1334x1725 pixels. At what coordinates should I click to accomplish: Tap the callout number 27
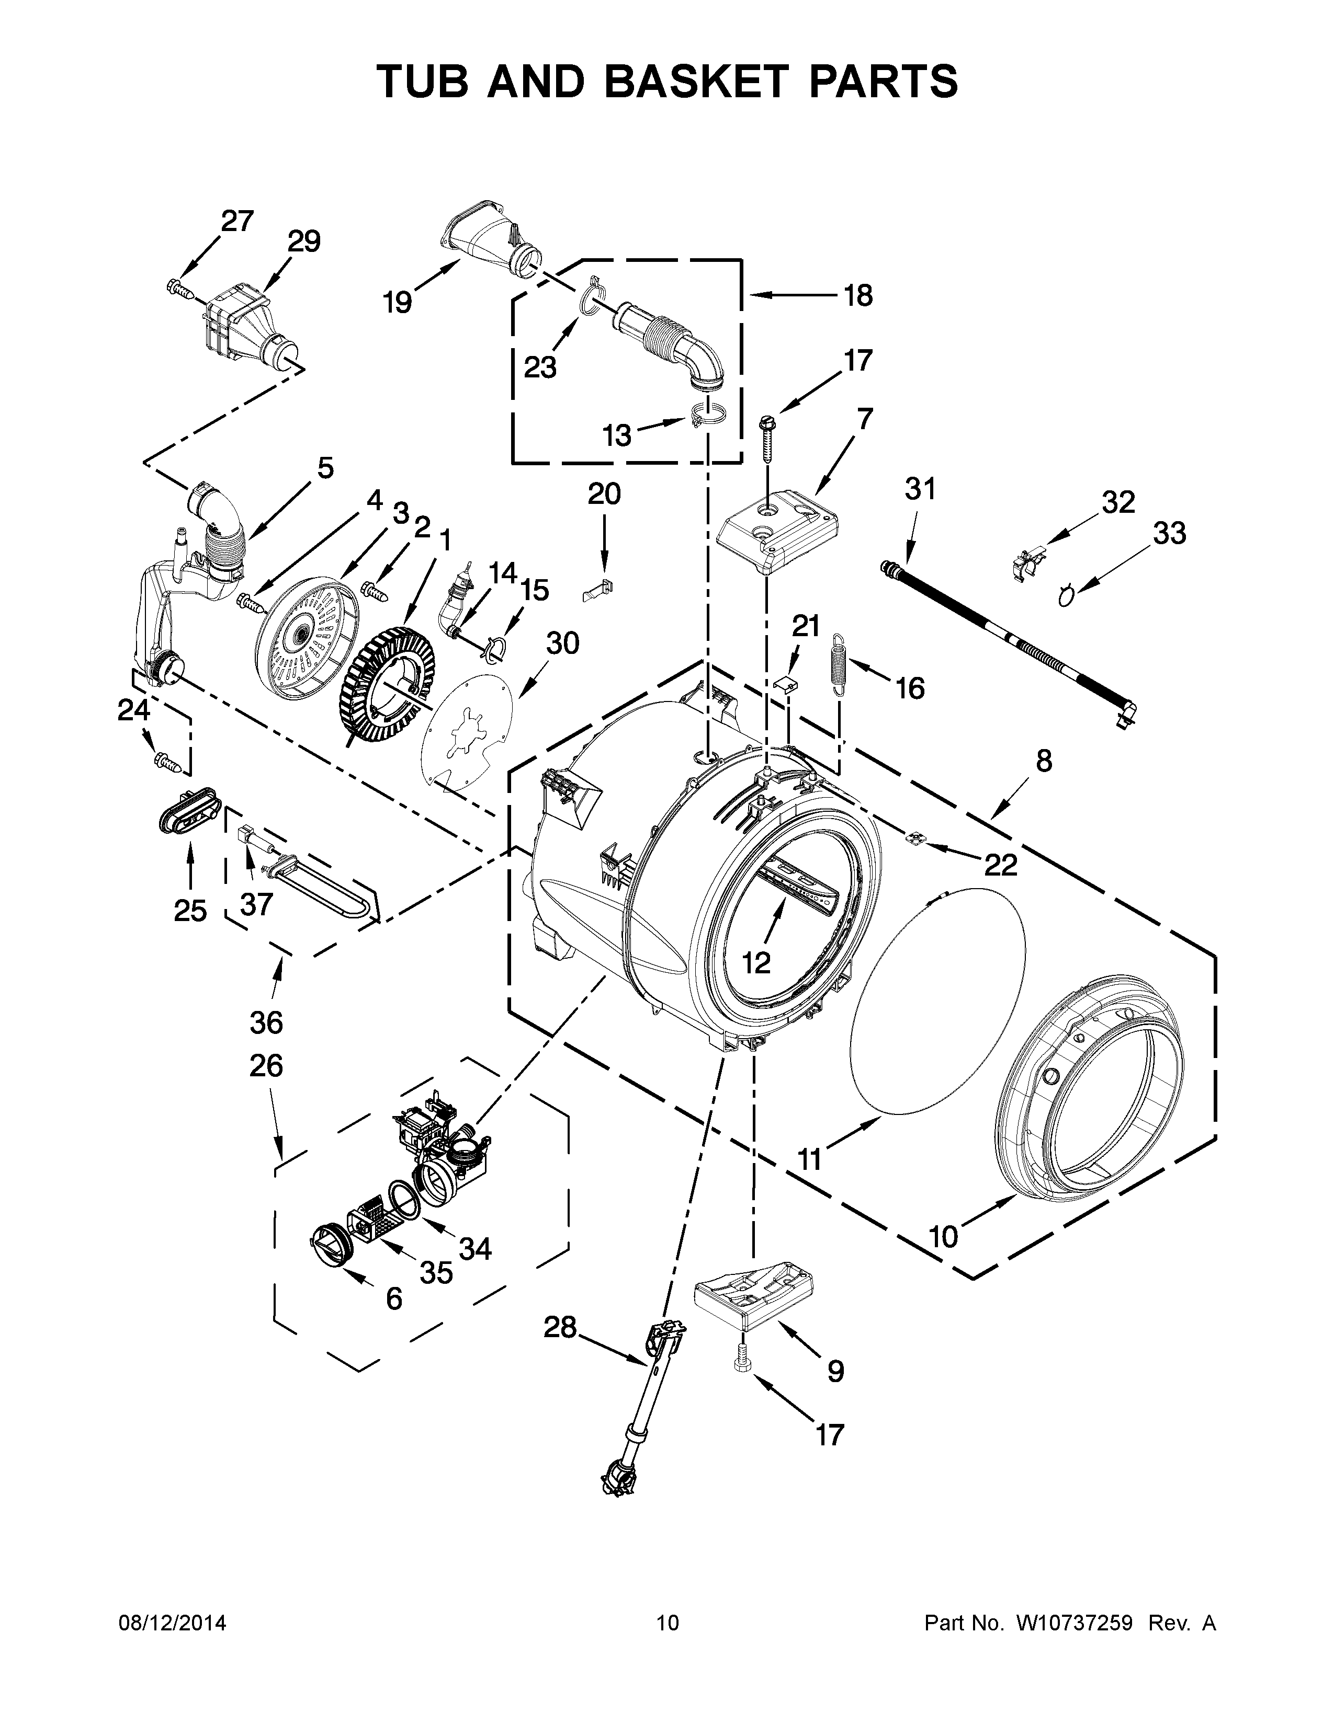(x=237, y=221)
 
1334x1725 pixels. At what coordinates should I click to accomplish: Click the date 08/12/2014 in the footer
(x=172, y=1623)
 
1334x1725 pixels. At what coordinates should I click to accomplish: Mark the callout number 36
(x=266, y=1023)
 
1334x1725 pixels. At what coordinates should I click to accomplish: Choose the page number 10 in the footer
(x=667, y=1623)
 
